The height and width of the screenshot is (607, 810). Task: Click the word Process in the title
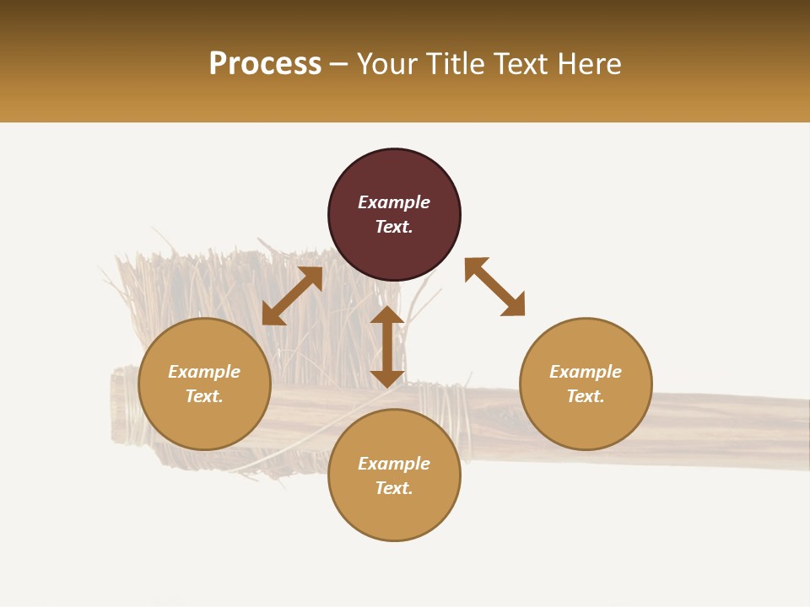(265, 64)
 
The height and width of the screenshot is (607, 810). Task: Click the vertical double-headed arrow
(387, 346)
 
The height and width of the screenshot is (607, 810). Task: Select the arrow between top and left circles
(292, 296)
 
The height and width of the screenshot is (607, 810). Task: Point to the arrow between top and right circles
(494, 287)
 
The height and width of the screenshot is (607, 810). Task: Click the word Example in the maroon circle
(394, 202)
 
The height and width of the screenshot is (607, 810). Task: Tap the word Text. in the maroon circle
(394, 227)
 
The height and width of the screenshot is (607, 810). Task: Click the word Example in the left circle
(204, 372)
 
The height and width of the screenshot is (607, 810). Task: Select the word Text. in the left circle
(204, 396)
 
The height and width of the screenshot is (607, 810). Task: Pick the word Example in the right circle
(586, 372)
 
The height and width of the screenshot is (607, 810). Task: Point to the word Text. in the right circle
(586, 396)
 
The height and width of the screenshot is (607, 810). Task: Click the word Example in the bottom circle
(394, 464)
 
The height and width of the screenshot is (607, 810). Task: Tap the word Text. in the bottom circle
(394, 488)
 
